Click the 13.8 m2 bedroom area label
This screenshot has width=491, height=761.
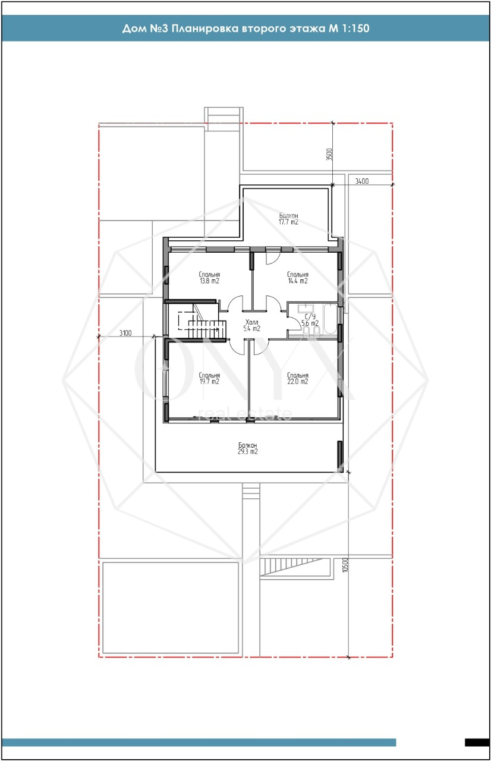click(x=209, y=278)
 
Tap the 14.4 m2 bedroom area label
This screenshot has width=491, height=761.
click(x=298, y=278)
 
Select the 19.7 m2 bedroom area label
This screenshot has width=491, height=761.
click(x=209, y=379)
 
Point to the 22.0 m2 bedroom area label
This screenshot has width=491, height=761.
click(x=298, y=379)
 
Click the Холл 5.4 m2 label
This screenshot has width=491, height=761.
click(x=251, y=325)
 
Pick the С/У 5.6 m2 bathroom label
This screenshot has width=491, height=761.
click(x=310, y=320)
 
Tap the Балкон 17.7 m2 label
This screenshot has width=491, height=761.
click(x=289, y=219)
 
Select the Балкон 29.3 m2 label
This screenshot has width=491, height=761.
click(x=248, y=448)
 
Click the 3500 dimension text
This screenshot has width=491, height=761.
click(x=329, y=154)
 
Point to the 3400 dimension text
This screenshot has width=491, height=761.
click(x=362, y=181)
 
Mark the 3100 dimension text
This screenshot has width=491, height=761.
click(x=125, y=333)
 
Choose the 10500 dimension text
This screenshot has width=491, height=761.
click(x=345, y=565)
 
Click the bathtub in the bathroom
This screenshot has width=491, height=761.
click(x=331, y=319)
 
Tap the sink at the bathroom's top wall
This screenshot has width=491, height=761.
click(x=306, y=309)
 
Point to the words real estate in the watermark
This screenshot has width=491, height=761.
click(x=245, y=413)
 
